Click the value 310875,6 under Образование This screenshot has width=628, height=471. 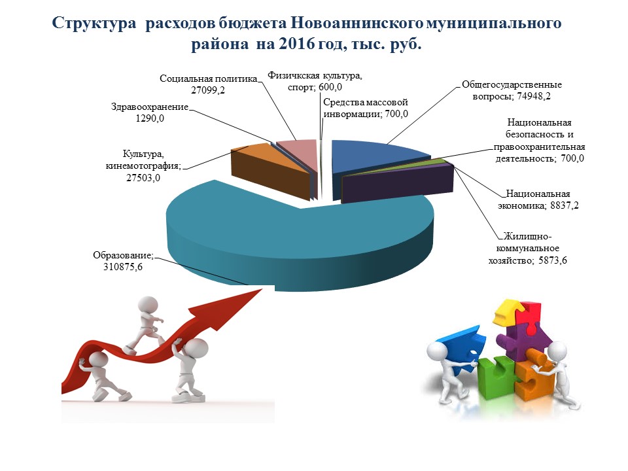click(x=123, y=267)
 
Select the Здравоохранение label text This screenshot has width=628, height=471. click(x=149, y=107)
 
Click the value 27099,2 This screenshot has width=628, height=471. click(x=208, y=90)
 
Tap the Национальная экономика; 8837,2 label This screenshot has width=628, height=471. click(x=538, y=200)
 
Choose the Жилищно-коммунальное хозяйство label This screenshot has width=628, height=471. click(x=527, y=249)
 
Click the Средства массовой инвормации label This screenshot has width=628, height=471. click(x=365, y=108)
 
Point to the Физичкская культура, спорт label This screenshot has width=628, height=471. click(x=315, y=81)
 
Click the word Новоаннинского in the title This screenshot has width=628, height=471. click(x=357, y=24)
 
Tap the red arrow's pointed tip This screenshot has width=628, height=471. click(x=262, y=288)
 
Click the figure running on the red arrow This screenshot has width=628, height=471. click(x=145, y=324)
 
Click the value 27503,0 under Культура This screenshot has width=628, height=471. click(x=143, y=178)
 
